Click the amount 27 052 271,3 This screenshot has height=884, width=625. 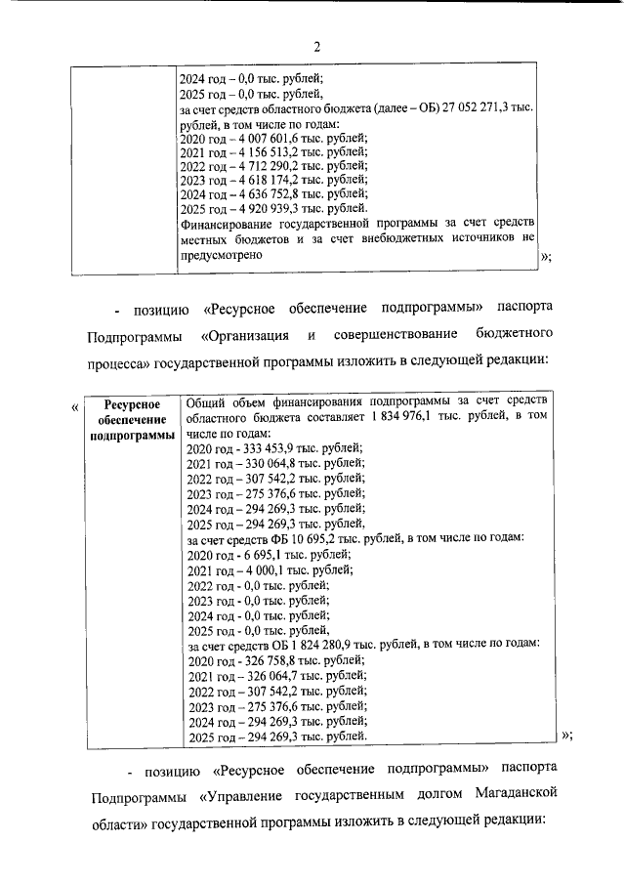[x=473, y=110]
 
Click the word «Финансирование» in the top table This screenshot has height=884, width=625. [x=227, y=223]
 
